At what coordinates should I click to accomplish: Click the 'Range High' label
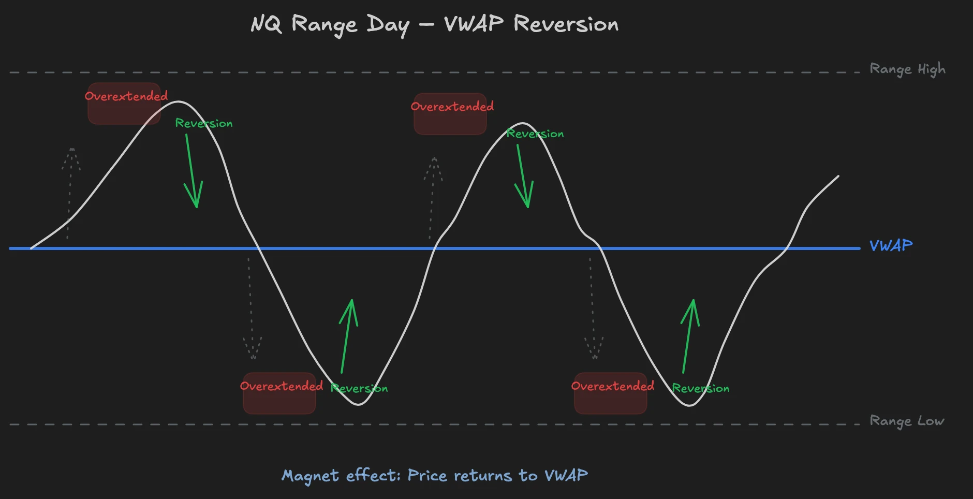click(x=907, y=69)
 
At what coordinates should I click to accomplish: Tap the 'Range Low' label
click(x=907, y=421)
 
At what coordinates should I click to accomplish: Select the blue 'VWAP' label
click(x=891, y=245)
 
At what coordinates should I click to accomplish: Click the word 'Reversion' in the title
click(x=566, y=24)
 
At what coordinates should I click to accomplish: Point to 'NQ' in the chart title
click(x=266, y=24)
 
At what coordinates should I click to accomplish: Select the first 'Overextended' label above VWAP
click(x=126, y=96)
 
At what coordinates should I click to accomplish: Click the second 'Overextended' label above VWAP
click(x=452, y=107)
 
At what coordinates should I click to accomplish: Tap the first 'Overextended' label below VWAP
click(x=281, y=386)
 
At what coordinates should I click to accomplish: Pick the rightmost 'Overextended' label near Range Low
click(x=612, y=386)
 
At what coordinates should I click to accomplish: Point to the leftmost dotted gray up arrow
click(x=70, y=192)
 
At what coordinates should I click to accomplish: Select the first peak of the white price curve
click(x=178, y=101)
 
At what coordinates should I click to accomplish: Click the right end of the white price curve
click(x=838, y=176)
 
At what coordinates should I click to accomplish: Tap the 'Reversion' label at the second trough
click(x=700, y=388)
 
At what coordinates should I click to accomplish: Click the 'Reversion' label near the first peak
click(x=203, y=123)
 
